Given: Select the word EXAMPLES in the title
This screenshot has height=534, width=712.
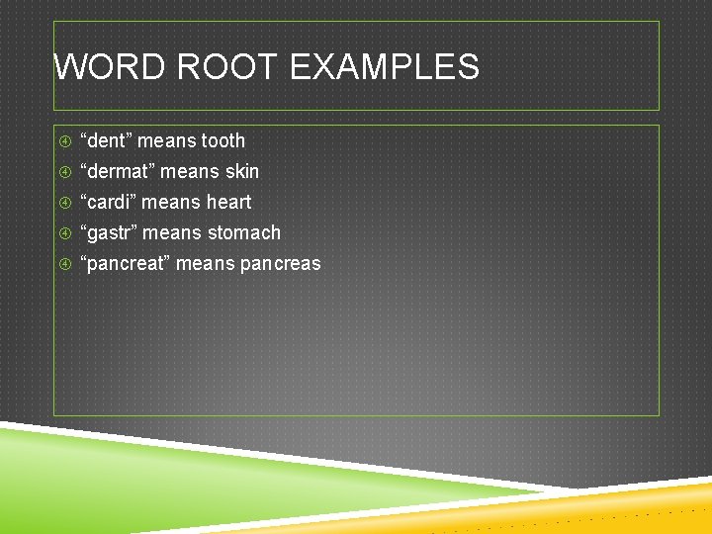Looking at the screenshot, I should coord(385,67).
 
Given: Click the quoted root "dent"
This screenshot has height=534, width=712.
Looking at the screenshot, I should coord(106,140).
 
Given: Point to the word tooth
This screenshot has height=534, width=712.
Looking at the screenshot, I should coord(222,140).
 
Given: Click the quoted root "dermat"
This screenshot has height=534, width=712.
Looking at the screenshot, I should coord(117,171).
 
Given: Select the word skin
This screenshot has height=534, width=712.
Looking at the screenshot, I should coord(241,171).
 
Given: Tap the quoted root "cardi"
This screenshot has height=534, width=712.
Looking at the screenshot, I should coord(109,202).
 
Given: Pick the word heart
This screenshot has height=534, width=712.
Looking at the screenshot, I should coord(228,202).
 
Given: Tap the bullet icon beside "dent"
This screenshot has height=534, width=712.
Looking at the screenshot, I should coord(64,141).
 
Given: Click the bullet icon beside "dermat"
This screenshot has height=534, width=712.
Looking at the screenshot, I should coord(64,172).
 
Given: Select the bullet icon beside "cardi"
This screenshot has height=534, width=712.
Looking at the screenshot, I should coord(64,203).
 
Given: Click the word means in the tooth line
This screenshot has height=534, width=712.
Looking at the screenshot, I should coord(166,140).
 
